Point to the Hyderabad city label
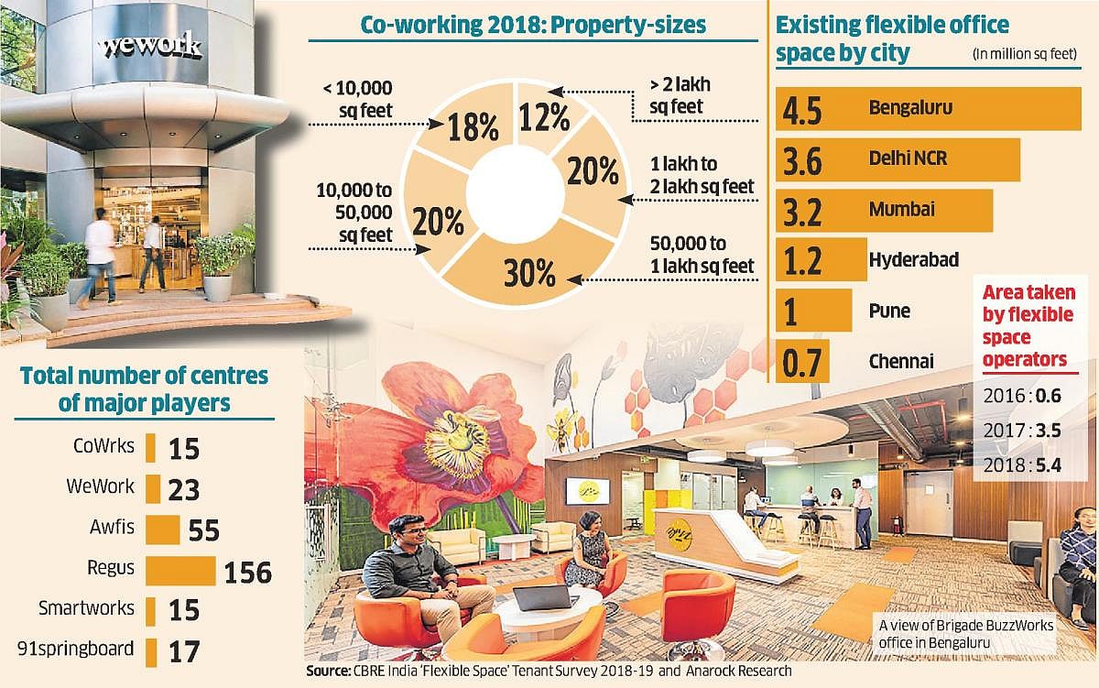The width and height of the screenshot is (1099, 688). [x=913, y=260]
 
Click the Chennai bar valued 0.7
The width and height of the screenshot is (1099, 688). [x=802, y=361]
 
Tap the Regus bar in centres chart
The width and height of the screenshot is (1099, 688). [x=180, y=570]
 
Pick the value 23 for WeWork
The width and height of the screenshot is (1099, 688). [x=184, y=489]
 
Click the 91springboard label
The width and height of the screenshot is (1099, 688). [x=76, y=650]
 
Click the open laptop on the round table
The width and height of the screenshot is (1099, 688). [x=542, y=597]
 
